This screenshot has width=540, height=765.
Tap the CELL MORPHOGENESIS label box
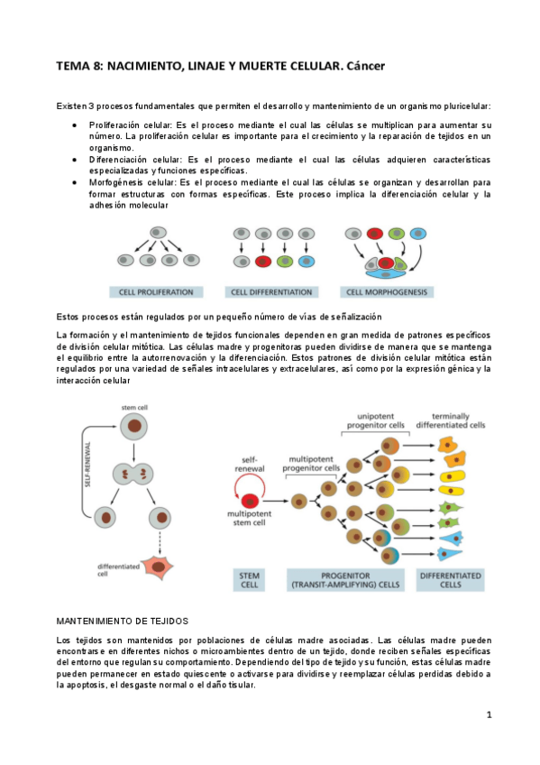[387, 292]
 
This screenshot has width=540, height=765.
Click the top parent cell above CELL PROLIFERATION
[160, 232]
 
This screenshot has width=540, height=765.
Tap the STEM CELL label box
[250, 580]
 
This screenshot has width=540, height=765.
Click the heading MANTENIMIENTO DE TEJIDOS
[122, 622]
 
